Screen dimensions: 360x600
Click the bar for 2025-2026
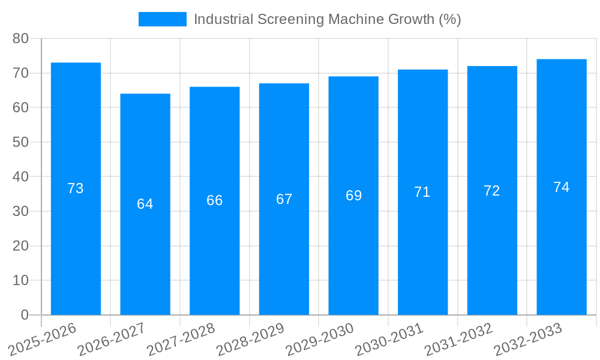(76, 240)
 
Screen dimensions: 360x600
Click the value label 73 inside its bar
(76, 188)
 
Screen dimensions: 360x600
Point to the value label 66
(215, 200)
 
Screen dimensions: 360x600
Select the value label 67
(284, 199)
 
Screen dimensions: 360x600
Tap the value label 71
(422, 192)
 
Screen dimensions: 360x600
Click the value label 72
(492, 191)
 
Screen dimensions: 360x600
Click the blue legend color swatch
(163, 19)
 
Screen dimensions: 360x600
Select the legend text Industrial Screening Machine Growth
(327, 19)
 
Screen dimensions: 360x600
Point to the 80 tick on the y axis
(20, 38)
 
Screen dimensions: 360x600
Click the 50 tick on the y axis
(20, 142)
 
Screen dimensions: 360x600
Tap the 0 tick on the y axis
(25, 315)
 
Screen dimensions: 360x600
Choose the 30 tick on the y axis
(20, 211)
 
